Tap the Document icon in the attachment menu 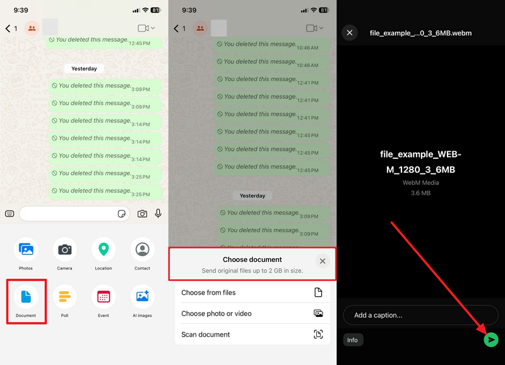tap(26, 297)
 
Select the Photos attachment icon tap(26, 249)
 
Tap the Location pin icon tap(104, 249)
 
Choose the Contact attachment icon tap(143, 249)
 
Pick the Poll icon tap(65, 297)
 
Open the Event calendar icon tap(104, 297)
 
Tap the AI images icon tap(143, 297)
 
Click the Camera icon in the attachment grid tap(65, 249)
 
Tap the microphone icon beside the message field tap(158, 213)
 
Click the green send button tap(491, 340)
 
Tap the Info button tap(353, 340)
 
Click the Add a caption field tap(420, 315)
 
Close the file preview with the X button tap(350, 33)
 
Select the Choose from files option tap(252, 292)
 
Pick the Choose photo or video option tap(252, 313)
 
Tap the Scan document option tap(252, 335)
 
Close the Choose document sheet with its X tap(323, 261)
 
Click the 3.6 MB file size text tap(420, 193)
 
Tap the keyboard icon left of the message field tap(9, 214)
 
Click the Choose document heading tap(252, 259)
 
